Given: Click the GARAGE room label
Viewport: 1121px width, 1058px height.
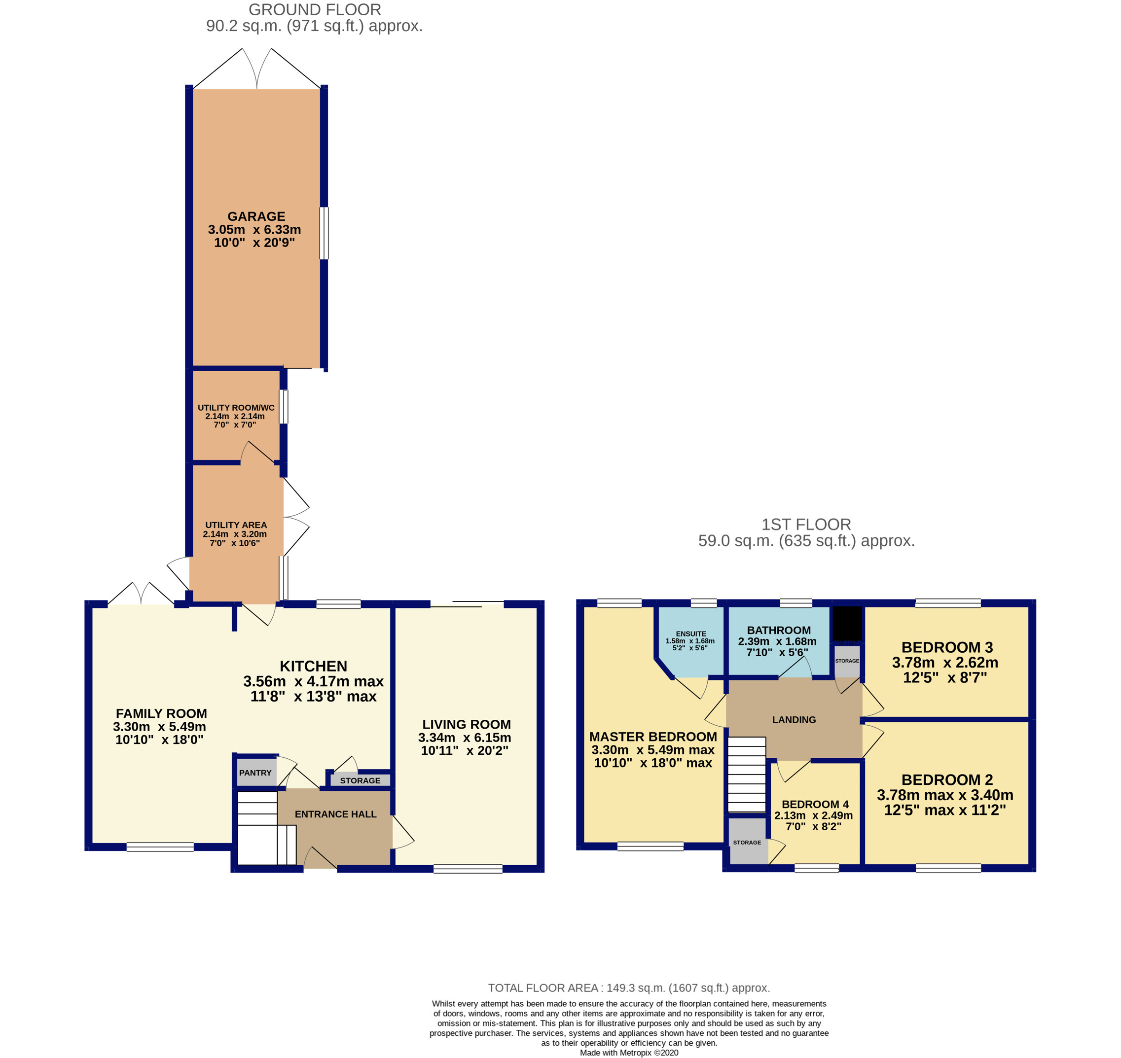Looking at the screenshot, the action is click(256, 216).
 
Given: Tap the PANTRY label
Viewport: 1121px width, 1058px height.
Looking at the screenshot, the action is click(255, 773).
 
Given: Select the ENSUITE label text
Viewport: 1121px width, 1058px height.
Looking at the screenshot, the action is click(690, 634).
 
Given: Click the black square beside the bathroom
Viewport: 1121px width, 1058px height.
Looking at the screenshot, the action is click(847, 623).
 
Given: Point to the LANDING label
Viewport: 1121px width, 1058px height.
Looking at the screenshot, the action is click(794, 720).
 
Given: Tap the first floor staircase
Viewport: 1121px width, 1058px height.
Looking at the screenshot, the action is click(746, 775).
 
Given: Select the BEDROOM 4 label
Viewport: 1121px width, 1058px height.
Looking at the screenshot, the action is click(815, 804).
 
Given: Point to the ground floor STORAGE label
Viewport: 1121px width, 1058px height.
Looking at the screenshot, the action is click(360, 780).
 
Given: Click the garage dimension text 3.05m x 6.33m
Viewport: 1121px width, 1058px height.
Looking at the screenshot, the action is click(254, 230).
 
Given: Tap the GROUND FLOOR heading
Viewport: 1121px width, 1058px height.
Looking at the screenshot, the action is click(315, 9).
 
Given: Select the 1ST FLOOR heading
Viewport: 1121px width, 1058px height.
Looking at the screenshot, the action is click(806, 525).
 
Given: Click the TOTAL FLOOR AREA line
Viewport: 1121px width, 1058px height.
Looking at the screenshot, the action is click(628, 988).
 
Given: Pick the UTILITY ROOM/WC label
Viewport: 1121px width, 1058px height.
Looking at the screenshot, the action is click(236, 408).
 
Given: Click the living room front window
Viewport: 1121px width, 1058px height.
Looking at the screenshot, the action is click(468, 869).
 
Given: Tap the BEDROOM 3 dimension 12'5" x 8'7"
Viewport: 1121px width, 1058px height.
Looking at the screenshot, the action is click(945, 677).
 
